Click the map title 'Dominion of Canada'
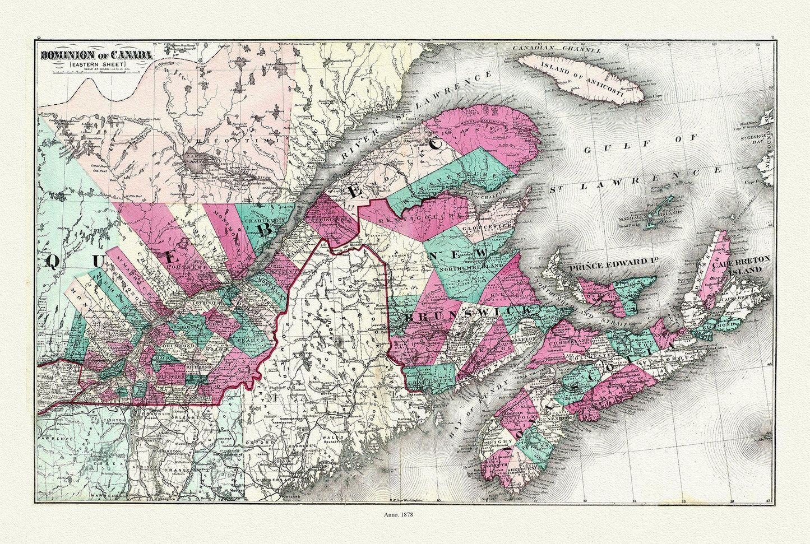pos(95,55)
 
